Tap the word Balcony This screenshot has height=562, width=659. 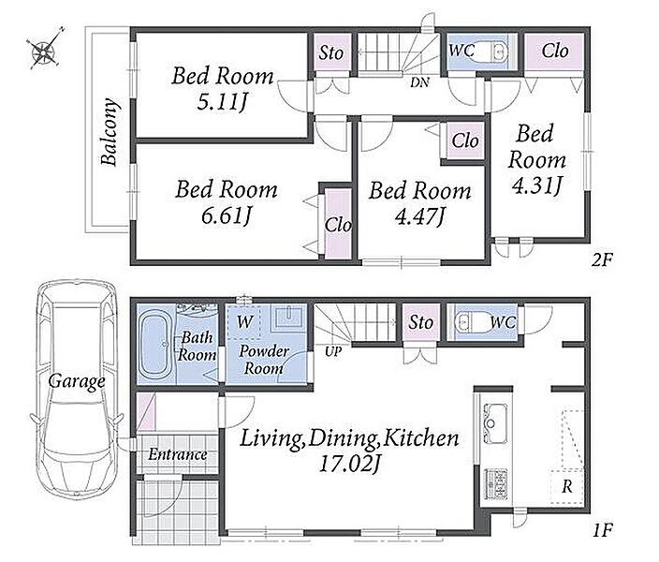point(110,132)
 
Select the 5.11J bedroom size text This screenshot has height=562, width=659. point(222,102)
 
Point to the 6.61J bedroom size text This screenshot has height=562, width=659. point(227,215)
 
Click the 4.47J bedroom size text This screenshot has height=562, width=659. point(419,216)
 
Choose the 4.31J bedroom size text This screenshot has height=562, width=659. point(536,185)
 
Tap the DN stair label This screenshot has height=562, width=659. point(419,82)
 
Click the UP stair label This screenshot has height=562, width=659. point(333,351)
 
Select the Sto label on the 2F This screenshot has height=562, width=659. point(330,53)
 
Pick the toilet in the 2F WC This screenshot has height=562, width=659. point(491,52)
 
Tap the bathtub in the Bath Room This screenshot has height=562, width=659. point(154,344)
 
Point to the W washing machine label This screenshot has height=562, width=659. point(244,322)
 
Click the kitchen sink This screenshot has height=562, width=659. point(496,423)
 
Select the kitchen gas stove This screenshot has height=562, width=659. point(496,483)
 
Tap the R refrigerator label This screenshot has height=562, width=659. point(567,486)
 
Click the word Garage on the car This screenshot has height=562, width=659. point(77,381)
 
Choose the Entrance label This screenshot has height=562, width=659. point(177,454)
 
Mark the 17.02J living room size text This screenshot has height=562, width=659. point(350,465)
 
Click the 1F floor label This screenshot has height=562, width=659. point(603,530)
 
